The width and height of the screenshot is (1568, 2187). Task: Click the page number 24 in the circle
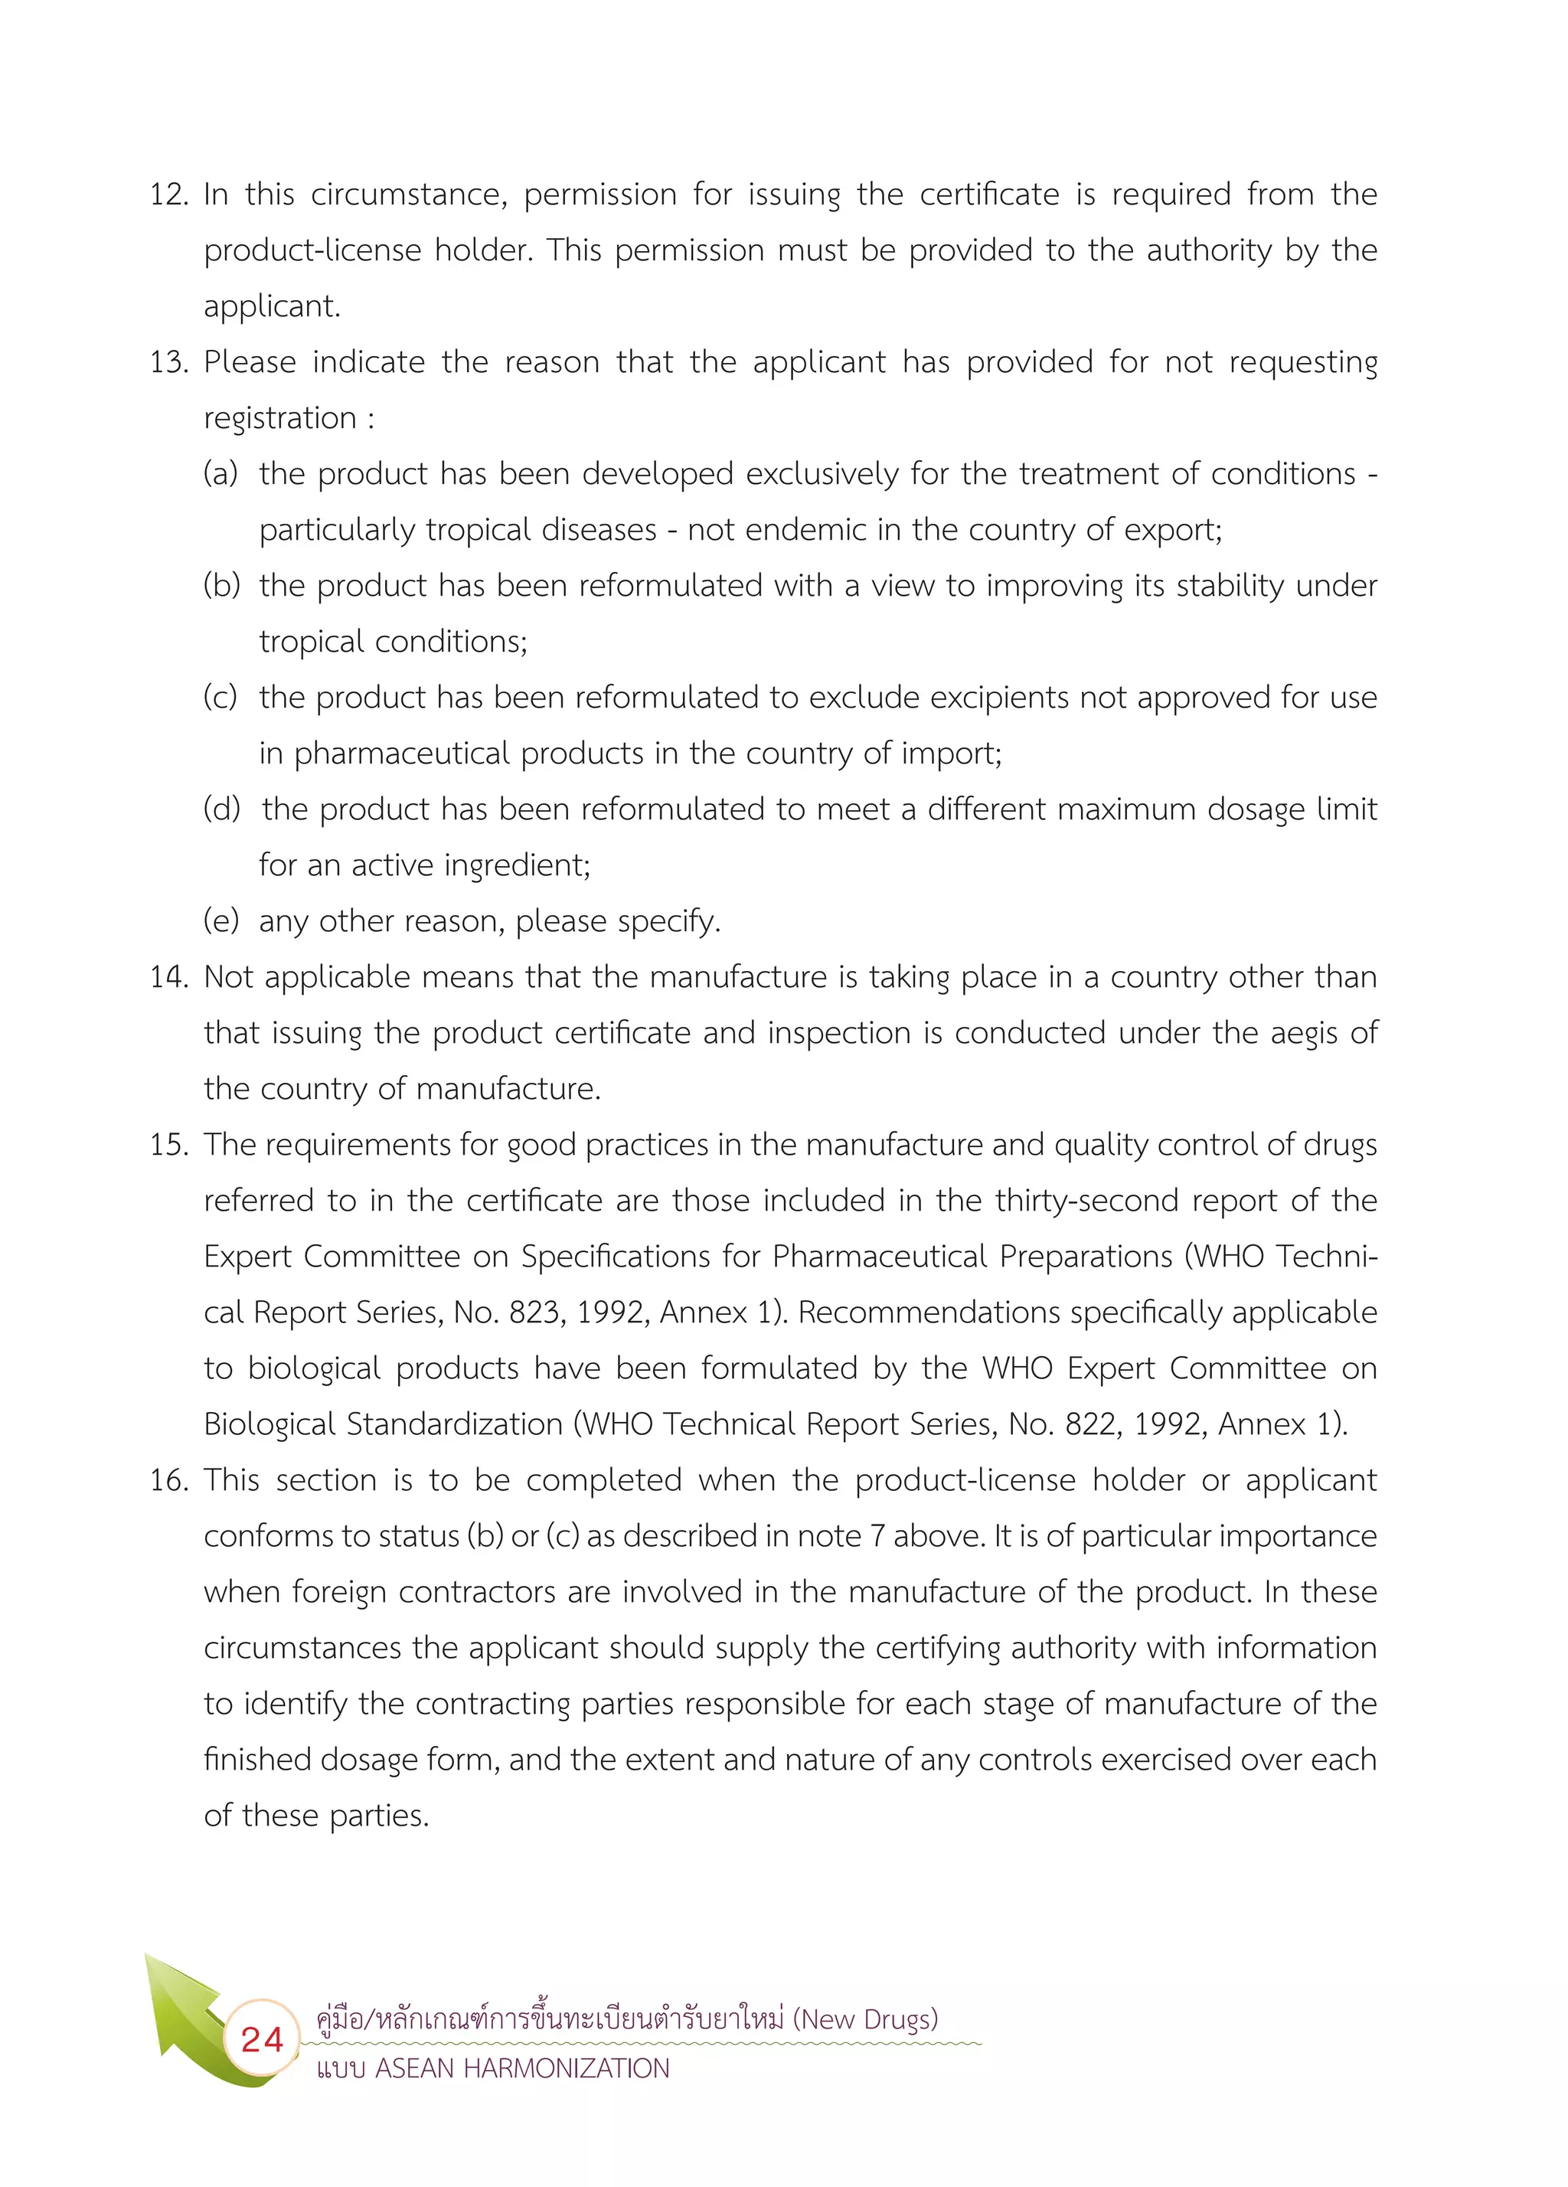261,2038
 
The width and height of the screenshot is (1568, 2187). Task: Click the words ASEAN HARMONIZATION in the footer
521,2068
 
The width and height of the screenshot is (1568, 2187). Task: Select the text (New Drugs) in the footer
865,2019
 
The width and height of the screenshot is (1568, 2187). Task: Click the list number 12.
168,195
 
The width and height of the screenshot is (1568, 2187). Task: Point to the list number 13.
168,362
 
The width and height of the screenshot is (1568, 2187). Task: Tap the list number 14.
168,977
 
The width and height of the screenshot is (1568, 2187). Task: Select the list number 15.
168,1145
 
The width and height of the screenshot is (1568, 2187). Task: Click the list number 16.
168,1480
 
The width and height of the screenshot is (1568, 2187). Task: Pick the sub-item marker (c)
220,697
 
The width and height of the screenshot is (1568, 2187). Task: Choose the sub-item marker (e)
220,921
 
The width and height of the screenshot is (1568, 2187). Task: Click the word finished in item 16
256,1760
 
